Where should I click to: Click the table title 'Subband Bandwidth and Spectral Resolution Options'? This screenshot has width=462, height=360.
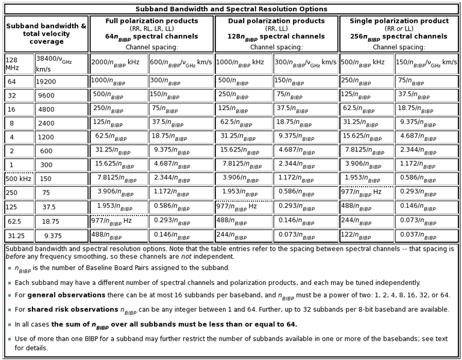[231, 9]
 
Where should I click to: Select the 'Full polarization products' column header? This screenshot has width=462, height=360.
[151, 21]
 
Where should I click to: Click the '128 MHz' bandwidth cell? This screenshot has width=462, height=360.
[14, 64]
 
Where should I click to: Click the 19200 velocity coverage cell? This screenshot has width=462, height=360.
[47, 82]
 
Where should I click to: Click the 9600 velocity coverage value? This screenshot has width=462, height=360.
[46, 96]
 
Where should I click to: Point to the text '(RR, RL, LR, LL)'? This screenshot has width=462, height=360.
[151, 28]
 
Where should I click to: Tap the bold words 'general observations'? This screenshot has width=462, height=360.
[58, 295]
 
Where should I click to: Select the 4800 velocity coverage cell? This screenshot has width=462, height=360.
[46, 109]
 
